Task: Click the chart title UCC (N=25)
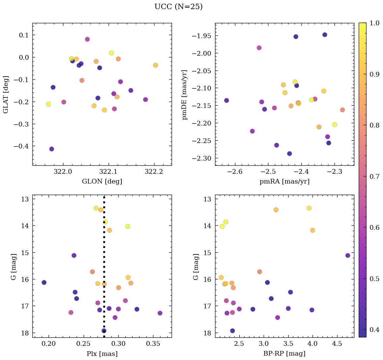tap(178, 7)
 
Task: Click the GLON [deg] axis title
tap(102, 182)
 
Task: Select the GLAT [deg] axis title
tap(6, 94)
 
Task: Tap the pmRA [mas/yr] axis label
tap(284, 182)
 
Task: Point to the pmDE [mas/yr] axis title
tap(184, 94)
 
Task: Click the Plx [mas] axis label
tap(102, 354)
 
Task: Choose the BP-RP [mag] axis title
tap(284, 354)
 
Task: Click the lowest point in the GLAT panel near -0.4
tap(52, 149)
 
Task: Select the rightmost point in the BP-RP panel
tap(348, 255)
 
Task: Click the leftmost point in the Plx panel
tap(44, 282)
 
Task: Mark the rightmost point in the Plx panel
tap(160, 313)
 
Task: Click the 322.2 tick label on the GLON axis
tap(154, 172)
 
